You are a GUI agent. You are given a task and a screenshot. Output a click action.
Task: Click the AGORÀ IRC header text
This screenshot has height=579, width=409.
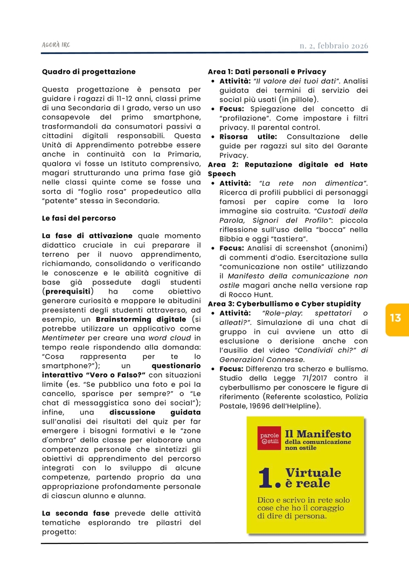(x=56, y=46)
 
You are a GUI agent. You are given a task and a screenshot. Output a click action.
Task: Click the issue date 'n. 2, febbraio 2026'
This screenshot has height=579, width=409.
(x=334, y=46)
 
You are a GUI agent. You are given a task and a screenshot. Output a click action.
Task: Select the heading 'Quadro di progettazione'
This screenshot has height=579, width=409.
(x=88, y=71)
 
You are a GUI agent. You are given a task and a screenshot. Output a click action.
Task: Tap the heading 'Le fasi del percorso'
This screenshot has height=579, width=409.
(x=79, y=218)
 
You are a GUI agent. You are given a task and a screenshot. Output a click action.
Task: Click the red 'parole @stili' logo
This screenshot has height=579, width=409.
(x=268, y=438)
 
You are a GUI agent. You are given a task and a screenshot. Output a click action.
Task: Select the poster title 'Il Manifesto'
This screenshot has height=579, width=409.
(x=318, y=433)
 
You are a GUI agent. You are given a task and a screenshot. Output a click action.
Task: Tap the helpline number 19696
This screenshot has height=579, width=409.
(x=254, y=405)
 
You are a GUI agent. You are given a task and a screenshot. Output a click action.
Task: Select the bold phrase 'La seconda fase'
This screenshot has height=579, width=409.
(x=75, y=513)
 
